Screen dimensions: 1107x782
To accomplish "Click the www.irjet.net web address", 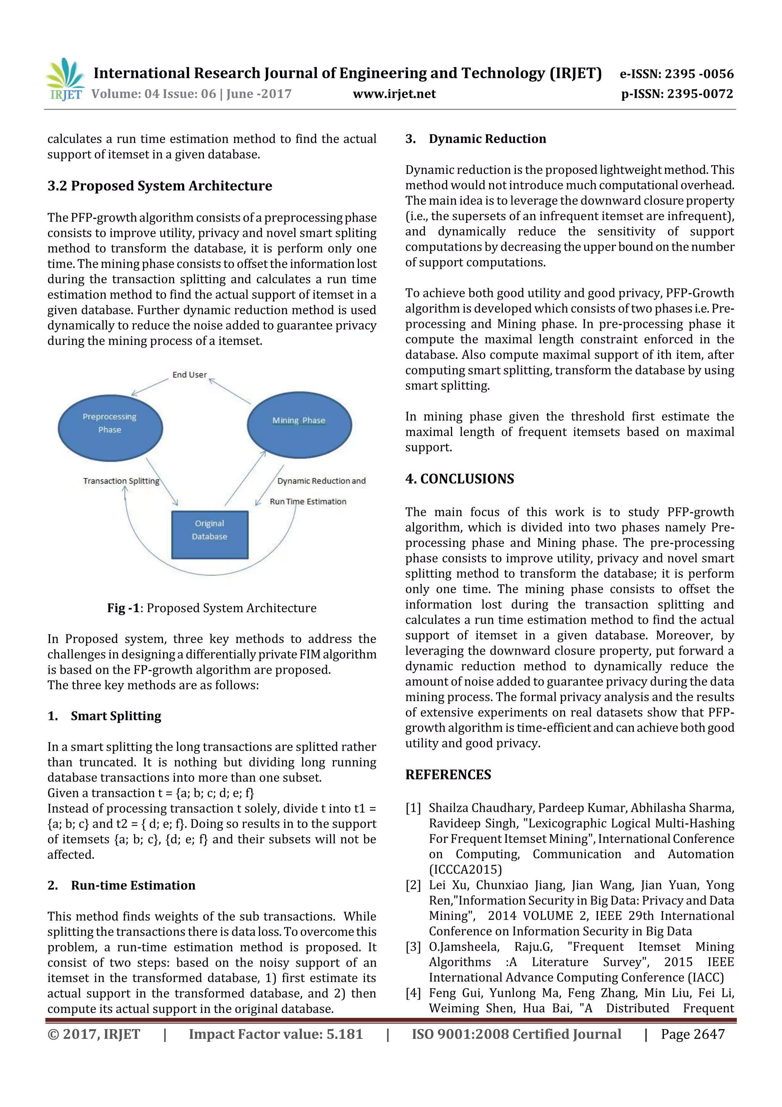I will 394,94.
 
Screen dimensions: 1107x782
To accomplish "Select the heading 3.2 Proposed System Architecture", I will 160,186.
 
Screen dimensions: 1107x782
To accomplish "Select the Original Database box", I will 210,534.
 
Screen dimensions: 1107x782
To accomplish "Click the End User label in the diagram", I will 189,374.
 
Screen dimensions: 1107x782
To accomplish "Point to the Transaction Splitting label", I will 121,481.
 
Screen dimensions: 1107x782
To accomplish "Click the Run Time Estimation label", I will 308,501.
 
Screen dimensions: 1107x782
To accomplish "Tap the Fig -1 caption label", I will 123,608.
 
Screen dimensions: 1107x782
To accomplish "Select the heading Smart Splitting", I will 116,716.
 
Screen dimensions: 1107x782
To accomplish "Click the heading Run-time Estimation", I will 133,885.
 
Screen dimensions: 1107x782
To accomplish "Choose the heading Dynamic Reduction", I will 487,139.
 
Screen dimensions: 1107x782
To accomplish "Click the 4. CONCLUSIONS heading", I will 460,479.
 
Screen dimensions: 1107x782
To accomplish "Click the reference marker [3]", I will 413,947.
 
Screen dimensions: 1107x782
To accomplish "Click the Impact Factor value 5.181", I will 276,1034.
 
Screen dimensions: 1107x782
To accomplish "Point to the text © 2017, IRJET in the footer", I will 94,1034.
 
